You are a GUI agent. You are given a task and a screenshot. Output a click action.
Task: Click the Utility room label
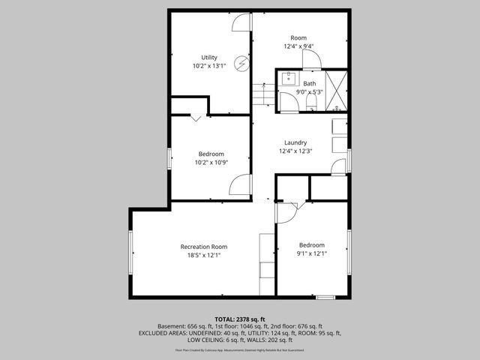coord(209,57)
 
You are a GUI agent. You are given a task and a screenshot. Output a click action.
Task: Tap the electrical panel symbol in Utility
coord(241,64)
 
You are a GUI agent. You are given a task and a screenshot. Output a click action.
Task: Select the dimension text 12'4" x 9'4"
coord(298,46)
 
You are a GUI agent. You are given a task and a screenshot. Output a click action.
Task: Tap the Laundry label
coord(295,142)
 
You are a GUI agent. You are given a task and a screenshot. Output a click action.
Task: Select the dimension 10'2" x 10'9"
coord(211,162)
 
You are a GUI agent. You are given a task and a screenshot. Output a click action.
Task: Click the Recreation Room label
coord(203,247)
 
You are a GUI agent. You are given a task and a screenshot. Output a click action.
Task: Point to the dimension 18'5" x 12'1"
coord(203,255)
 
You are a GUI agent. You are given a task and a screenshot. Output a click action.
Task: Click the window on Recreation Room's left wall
coord(130,253)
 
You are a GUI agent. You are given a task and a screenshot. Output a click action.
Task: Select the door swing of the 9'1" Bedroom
coord(286,213)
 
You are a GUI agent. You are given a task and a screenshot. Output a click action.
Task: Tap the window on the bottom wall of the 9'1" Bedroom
coord(325,298)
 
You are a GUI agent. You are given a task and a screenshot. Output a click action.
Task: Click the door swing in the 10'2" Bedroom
coord(239,184)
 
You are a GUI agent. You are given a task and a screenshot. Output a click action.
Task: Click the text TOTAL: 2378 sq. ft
coord(240,319)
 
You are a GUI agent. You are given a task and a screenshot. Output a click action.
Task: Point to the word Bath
coord(310,83)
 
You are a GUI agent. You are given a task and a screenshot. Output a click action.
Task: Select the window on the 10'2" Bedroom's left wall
coord(169,158)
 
